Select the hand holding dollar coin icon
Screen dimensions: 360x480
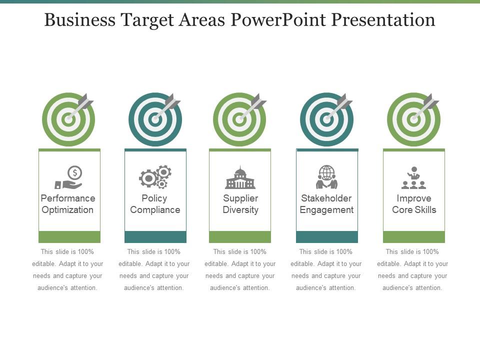tap(68, 178)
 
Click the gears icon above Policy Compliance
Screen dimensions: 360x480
tap(155, 177)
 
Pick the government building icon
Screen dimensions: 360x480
tap(240, 178)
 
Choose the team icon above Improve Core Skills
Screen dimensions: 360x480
tap(413, 178)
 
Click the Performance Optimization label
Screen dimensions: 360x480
tap(68, 204)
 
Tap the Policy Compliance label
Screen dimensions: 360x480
tap(155, 204)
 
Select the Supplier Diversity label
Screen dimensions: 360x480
tap(240, 204)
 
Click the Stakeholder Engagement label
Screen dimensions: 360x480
tap(326, 204)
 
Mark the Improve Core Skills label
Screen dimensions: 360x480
tap(414, 204)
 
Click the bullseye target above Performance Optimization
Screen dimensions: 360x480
tap(68, 119)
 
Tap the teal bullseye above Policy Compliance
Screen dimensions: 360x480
tap(155, 119)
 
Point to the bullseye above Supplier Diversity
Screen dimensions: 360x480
tap(240, 119)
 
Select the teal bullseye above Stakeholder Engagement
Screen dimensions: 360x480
tap(326, 119)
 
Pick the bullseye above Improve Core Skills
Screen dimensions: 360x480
tap(414, 119)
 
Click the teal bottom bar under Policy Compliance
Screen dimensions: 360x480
tap(155, 237)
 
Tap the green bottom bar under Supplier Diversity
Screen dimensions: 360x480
tap(240, 237)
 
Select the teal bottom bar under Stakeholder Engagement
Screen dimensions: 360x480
tap(327, 237)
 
